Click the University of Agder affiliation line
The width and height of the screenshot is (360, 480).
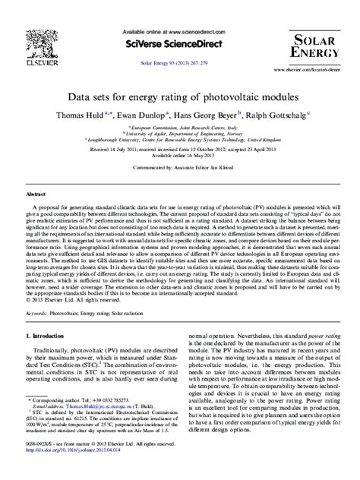click(x=179, y=134)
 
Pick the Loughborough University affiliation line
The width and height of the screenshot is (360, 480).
click(x=179, y=141)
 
